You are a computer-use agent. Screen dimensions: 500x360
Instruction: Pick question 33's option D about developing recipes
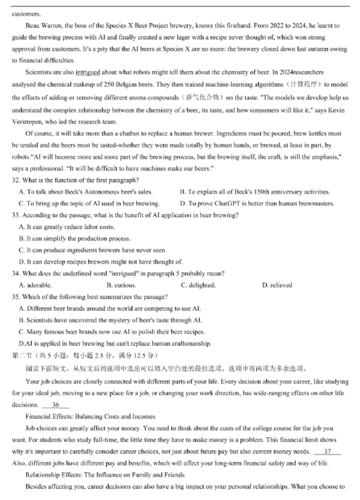(x=101, y=262)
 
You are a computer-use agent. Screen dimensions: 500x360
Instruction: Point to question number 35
(x=15, y=297)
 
